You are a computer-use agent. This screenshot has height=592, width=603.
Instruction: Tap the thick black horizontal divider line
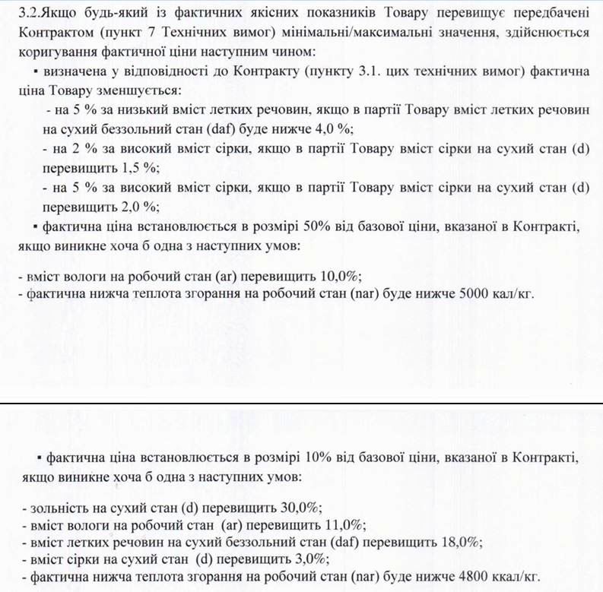pos(301,402)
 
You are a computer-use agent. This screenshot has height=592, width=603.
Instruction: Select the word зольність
pos(50,507)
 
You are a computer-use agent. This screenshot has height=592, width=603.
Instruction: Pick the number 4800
pos(478,578)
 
